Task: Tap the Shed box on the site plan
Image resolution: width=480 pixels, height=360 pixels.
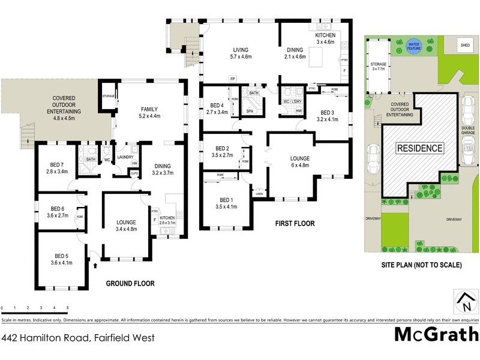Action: click(465, 44)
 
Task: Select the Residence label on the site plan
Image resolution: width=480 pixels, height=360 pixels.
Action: click(419, 148)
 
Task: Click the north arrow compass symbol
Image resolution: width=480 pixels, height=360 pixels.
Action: click(465, 301)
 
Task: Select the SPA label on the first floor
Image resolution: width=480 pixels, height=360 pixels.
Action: click(249, 111)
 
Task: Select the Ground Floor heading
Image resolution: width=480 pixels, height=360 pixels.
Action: click(130, 283)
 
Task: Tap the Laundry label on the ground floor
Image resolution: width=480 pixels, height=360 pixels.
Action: click(125, 157)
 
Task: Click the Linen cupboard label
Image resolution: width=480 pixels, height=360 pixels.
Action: click(259, 193)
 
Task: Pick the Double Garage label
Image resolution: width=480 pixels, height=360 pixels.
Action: click(468, 130)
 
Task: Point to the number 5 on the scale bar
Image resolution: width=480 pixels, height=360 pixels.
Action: click(67, 308)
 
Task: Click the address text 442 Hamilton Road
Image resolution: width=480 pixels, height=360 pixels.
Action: click(78, 338)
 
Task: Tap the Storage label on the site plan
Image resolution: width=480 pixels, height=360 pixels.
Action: click(377, 65)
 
